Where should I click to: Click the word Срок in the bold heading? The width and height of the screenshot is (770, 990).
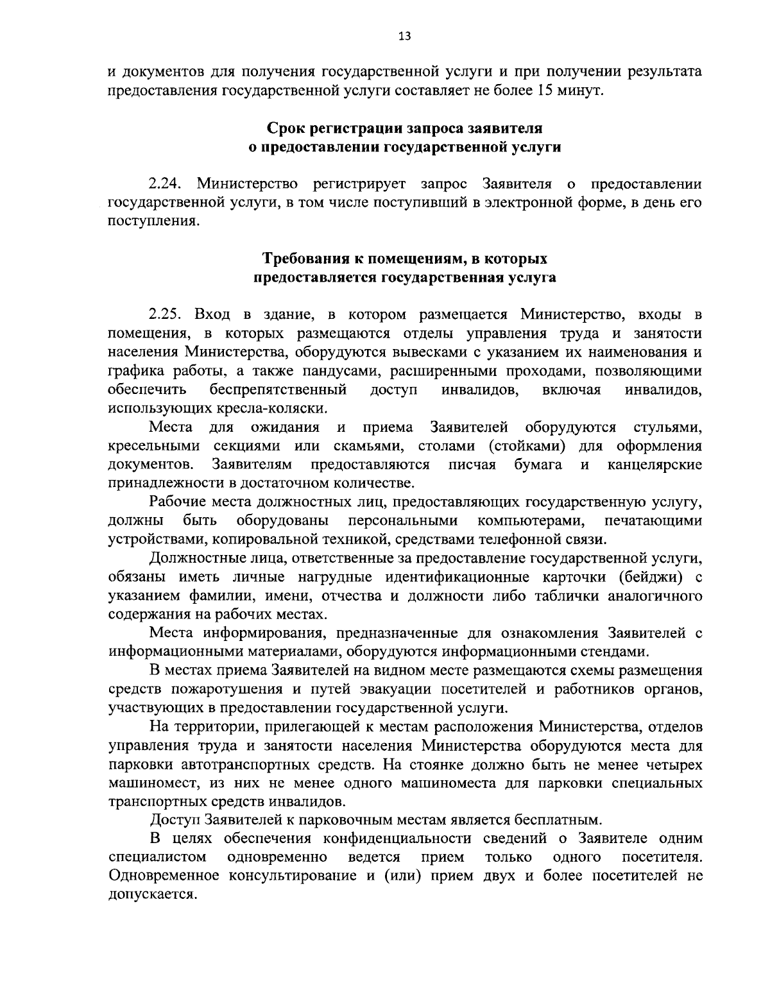[x=289, y=129]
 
